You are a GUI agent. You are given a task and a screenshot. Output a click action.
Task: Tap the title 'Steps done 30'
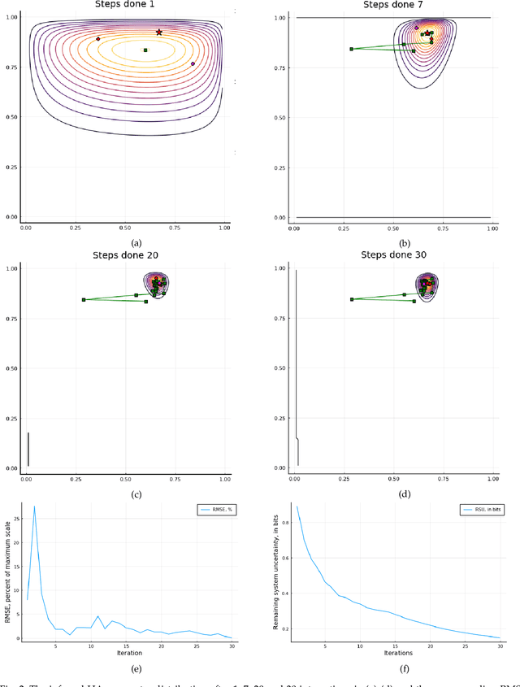(393, 254)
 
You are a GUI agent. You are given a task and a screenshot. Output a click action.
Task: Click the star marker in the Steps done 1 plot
(159, 33)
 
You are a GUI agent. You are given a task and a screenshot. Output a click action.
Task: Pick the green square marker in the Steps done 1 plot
(145, 50)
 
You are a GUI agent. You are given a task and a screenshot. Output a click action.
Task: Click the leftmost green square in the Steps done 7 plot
(351, 49)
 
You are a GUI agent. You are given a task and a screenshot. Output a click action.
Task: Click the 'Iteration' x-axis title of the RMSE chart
(128, 653)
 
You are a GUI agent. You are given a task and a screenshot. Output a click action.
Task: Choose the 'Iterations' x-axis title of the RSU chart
(397, 653)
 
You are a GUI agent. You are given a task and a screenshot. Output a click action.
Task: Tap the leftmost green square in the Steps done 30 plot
(351, 299)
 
